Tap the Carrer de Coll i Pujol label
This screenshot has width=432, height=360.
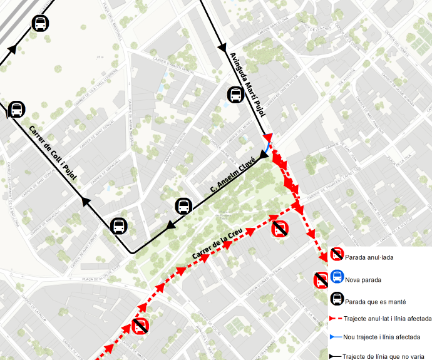[x=53, y=153]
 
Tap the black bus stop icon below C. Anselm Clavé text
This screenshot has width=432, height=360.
[x=183, y=206]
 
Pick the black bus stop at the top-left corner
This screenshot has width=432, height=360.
[x=40, y=24]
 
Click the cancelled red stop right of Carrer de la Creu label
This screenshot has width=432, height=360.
[x=280, y=229]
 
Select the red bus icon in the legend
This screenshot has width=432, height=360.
[x=337, y=254]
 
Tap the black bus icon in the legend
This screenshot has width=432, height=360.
[x=337, y=299]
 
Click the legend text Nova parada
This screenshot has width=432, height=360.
[x=363, y=280]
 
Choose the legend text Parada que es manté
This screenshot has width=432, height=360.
[x=375, y=301]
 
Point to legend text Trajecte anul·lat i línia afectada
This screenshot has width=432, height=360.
[x=388, y=319]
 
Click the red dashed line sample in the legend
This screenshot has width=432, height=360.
[x=336, y=319]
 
